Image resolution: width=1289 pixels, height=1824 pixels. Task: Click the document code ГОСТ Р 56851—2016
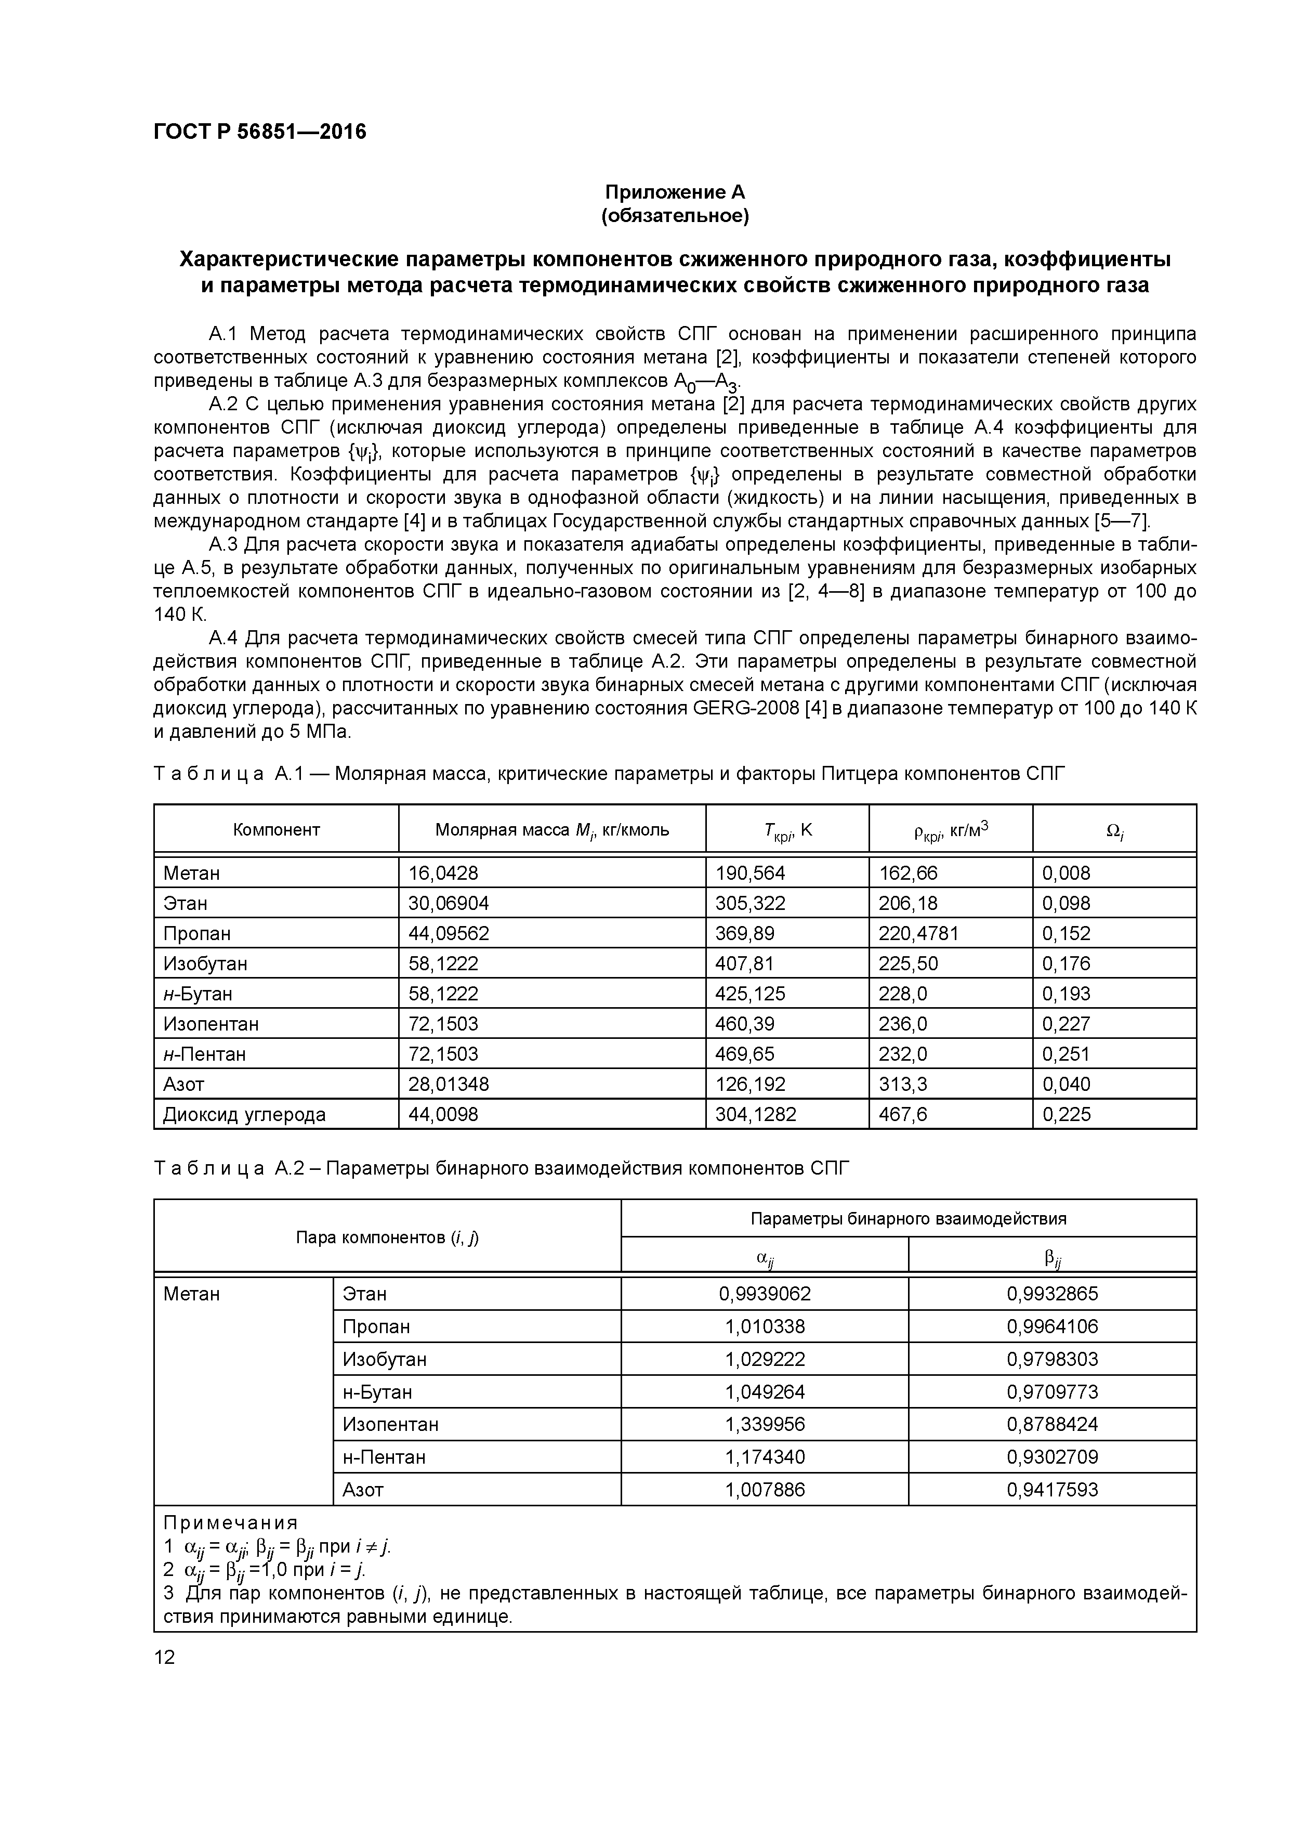[260, 132]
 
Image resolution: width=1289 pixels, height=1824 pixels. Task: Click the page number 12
[164, 1657]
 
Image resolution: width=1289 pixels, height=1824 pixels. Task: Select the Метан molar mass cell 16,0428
[443, 873]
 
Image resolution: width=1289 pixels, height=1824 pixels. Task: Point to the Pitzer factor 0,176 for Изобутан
[1066, 963]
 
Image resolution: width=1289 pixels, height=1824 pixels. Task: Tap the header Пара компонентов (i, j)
[387, 1237]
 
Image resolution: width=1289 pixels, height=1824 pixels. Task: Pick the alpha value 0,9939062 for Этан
[764, 1294]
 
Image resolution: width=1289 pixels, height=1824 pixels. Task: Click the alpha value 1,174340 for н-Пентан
[764, 1457]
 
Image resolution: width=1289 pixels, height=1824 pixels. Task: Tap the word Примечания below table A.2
[230, 1523]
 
